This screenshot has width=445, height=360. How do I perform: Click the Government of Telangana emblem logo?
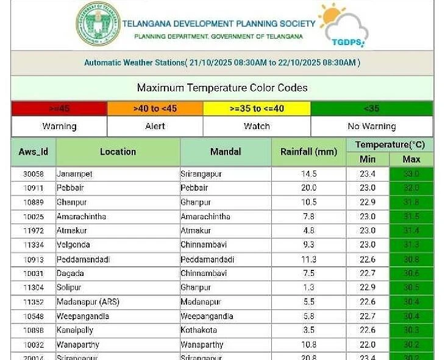98,24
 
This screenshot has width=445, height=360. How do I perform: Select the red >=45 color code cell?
59,108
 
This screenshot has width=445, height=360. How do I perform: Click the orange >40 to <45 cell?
155,108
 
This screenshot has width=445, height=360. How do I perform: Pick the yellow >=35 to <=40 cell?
257,108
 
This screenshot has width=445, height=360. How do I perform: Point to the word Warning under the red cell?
59,126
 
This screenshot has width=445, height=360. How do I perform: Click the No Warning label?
371,126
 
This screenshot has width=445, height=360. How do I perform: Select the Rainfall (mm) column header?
308,152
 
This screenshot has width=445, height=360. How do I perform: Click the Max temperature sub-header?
411,159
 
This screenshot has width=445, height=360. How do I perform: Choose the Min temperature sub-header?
368,159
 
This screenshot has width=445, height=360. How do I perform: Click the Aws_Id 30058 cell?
34,174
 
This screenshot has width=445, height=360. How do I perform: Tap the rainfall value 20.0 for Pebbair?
308,188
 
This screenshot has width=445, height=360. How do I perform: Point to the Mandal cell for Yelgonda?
205,245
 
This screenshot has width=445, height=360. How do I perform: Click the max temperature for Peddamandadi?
411,259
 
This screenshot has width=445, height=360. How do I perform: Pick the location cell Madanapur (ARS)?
88,302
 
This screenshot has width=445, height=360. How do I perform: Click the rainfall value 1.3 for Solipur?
308,288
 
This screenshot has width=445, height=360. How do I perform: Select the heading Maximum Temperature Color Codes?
222,88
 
